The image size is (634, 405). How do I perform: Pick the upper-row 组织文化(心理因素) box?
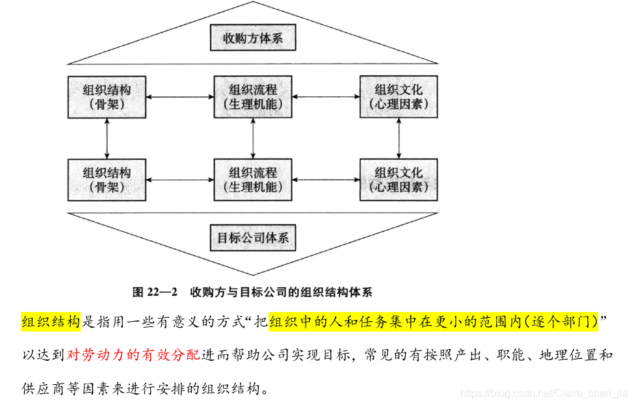tap(399, 97)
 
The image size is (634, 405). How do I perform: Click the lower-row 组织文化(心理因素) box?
tap(399, 179)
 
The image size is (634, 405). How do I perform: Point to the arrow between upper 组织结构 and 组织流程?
tap(180, 97)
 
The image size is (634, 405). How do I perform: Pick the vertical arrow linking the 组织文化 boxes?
tap(399, 138)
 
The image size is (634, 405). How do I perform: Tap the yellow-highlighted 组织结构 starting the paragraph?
tap(51, 322)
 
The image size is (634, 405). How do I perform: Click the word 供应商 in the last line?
tap(42, 389)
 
